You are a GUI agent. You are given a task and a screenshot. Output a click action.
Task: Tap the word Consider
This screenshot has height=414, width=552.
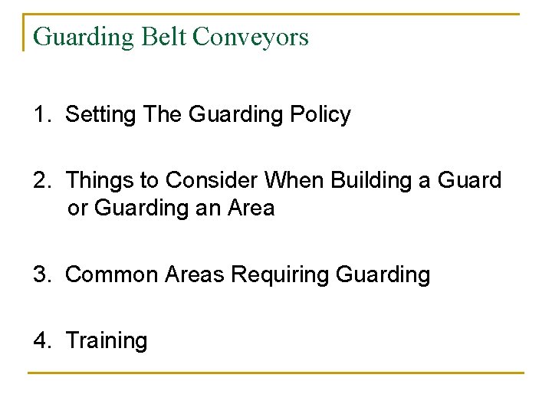pyautogui.click(x=212, y=181)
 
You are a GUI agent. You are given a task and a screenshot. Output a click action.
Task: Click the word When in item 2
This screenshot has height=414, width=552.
pyautogui.click(x=295, y=181)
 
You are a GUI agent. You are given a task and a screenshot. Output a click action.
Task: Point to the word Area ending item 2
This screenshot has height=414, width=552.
pyautogui.click(x=251, y=208)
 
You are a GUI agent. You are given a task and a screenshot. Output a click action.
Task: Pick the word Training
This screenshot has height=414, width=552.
pyautogui.click(x=107, y=340)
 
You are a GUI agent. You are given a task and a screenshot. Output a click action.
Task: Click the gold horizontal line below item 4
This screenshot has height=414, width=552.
pyautogui.click(x=276, y=373)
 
